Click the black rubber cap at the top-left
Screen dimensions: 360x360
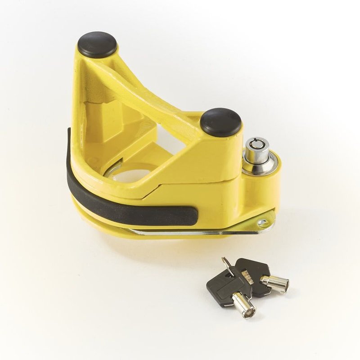(x=97, y=44)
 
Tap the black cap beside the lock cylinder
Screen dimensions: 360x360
(x=220, y=121)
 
